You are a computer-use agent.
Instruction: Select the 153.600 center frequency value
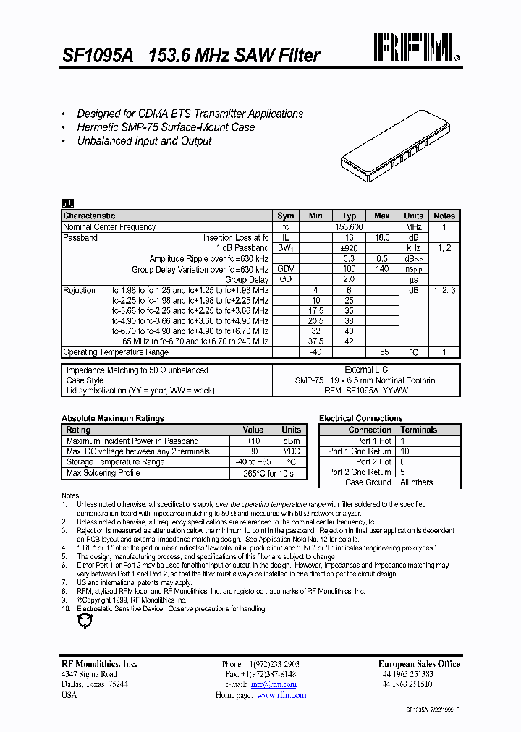(x=349, y=227)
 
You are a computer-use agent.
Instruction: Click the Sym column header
(x=286, y=216)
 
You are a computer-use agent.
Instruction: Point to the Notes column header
(x=444, y=216)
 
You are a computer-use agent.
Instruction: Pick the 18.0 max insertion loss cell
(x=382, y=238)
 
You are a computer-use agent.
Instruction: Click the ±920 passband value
(x=349, y=248)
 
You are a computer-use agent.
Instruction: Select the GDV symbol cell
(x=286, y=269)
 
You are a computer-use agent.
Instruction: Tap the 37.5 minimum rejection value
(x=315, y=341)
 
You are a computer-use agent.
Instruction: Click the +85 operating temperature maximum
(x=382, y=352)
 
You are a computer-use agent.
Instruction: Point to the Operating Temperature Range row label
(x=116, y=352)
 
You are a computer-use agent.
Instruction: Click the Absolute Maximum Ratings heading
(x=113, y=418)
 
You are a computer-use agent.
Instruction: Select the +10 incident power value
(x=253, y=441)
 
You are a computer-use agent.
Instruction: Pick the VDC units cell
(x=292, y=451)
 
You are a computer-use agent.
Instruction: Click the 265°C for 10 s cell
(x=268, y=474)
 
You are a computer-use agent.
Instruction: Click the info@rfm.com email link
(x=274, y=684)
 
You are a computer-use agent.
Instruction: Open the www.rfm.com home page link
(x=281, y=695)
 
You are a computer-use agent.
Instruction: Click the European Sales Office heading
(x=419, y=664)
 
